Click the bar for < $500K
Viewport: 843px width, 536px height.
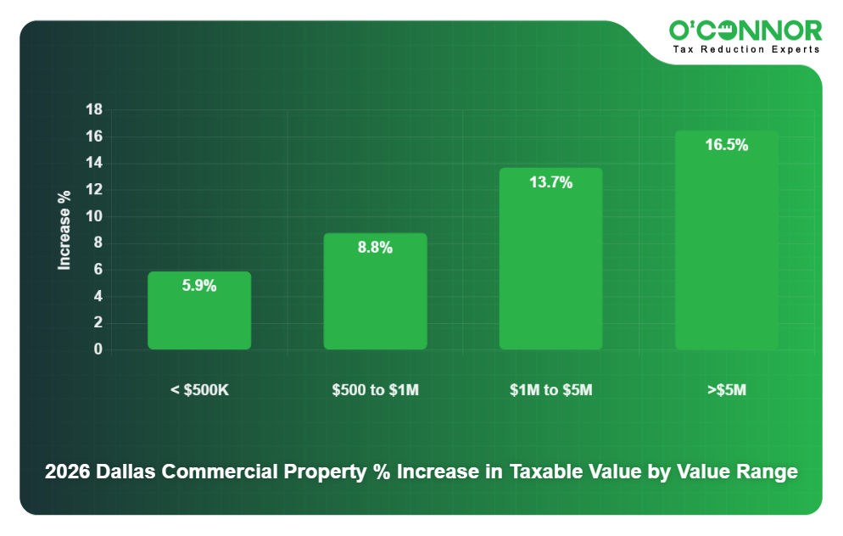(x=199, y=318)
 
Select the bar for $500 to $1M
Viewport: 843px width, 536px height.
(x=375, y=297)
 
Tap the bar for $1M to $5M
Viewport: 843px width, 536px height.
(x=550, y=263)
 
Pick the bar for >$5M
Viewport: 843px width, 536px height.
(x=726, y=246)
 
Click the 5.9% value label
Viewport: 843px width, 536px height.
(x=199, y=286)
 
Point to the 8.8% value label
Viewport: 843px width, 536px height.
(x=375, y=248)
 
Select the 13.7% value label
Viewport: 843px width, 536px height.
(x=550, y=182)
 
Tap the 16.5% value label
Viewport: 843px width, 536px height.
(x=726, y=145)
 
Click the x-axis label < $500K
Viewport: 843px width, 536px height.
(x=200, y=391)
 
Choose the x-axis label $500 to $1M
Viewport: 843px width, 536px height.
(x=376, y=391)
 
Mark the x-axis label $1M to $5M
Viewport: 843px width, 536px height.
(x=550, y=391)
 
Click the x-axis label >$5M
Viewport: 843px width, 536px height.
(x=726, y=391)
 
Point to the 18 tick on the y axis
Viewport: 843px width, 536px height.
(x=94, y=109)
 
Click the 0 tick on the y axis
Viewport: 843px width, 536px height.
(x=98, y=349)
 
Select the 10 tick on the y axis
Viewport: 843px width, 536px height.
(x=94, y=216)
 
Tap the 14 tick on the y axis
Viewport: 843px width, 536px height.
(x=94, y=163)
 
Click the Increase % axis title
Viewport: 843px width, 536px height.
(x=64, y=230)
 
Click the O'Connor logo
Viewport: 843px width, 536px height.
(x=745, y=31)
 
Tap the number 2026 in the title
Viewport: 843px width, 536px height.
(x=66, y=472)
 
